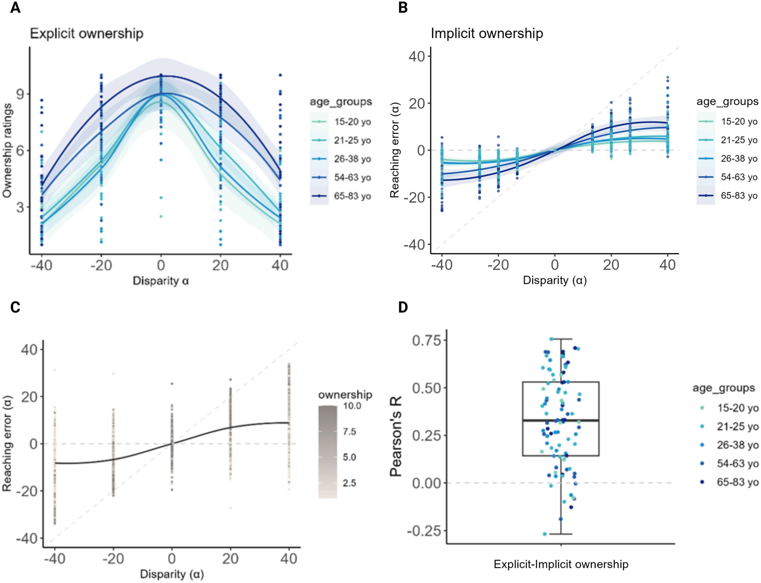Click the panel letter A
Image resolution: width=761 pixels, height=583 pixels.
click(x=15, y=8)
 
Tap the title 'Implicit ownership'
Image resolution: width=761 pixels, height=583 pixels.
click(x=487, y=34)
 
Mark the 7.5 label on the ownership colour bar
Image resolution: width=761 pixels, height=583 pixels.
click(x=349, y=432)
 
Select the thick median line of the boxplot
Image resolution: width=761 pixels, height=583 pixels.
click(x=561, y=420)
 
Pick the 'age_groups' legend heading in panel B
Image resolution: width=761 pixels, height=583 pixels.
click(x=727, y=102)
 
